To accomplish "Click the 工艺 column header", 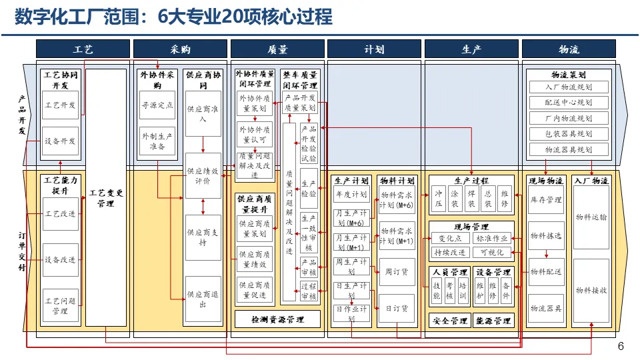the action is (83, 49).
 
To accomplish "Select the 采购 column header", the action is (180, 49).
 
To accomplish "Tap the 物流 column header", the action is (569, 49).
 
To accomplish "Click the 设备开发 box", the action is (60, 141).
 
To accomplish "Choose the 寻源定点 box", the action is (157, 105).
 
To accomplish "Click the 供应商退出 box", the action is (203, 299).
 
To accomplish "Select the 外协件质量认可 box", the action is (256, 135).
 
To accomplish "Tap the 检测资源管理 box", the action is (277, 320).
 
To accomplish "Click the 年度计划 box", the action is (351, 195).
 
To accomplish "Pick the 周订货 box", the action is (397, 271).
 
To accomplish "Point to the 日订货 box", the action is (397, 309).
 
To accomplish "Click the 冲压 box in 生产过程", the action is (439, 198).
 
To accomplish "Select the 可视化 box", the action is (493, 253).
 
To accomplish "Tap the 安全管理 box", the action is (450, 321).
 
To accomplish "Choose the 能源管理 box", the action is (494, 321).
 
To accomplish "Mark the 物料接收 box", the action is (591, 290).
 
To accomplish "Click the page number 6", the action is (621, 346).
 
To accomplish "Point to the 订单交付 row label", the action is (23, 250).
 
